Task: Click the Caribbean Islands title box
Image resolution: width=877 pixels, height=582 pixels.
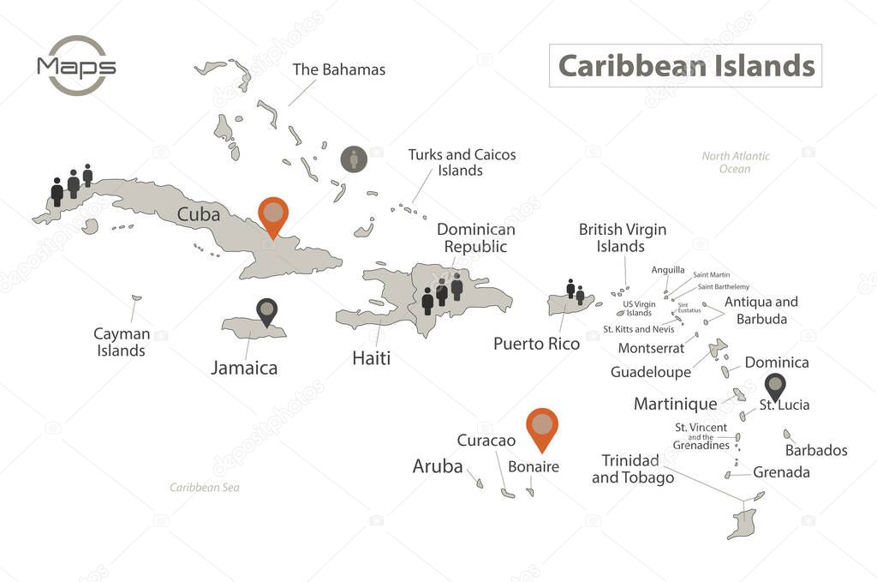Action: [685, 66]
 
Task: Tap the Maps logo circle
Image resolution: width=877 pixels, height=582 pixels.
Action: [77, 66]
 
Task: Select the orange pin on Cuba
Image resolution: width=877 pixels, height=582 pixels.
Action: [273, 214]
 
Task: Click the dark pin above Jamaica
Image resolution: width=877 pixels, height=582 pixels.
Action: [267, 310]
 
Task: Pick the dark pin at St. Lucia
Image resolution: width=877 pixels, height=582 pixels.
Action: [775, 386]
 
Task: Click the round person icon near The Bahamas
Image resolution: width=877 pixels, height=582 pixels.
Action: [354, 159]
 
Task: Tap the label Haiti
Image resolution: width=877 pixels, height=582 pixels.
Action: [371, 358]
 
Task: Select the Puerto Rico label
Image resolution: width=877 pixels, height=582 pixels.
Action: [536, 344]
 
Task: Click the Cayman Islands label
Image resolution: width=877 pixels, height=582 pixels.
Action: [121, 342]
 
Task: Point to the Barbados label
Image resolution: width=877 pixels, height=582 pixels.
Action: [816, 450]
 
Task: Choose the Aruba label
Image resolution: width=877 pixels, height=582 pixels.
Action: [438, 466]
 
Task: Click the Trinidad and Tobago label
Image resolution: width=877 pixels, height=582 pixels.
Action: [632, 469]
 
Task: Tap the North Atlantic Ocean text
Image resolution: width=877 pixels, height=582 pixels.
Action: [735, 162]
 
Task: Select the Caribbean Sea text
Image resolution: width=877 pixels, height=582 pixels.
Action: [205, 488]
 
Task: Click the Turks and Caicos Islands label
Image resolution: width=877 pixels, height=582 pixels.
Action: [462, 162]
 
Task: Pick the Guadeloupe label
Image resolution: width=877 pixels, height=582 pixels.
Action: [651, 372]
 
